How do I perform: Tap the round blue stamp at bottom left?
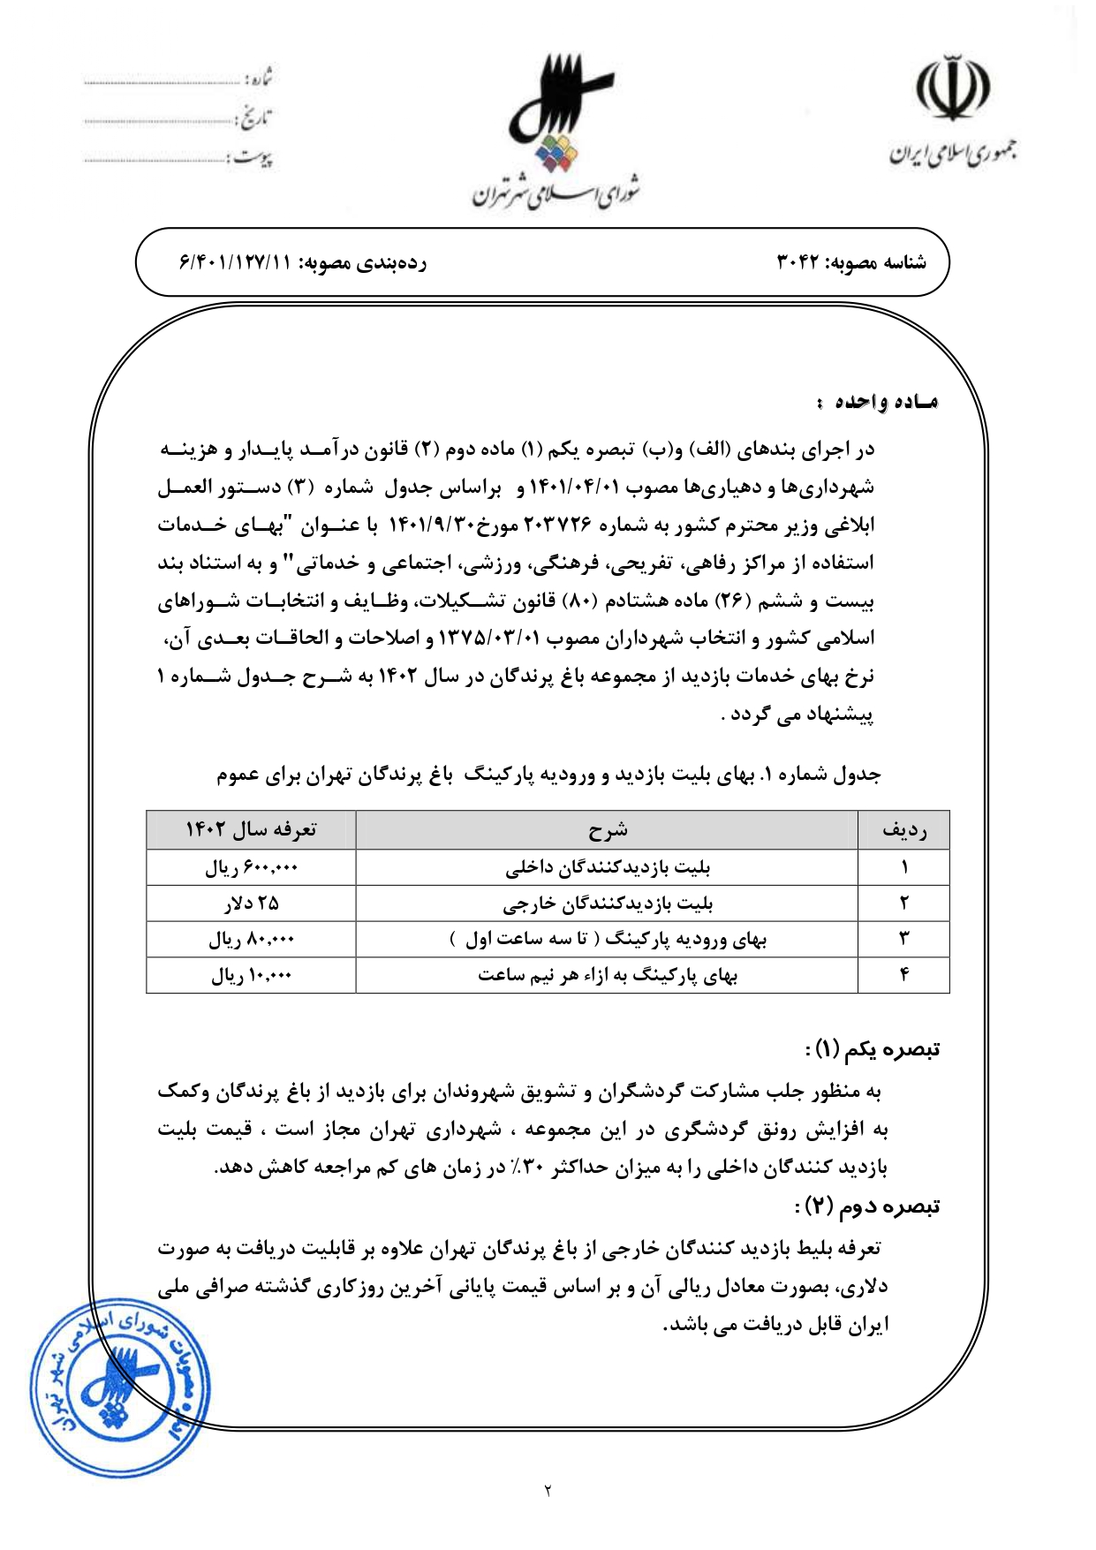point(118,1387)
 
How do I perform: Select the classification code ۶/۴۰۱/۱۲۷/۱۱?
point(235,262)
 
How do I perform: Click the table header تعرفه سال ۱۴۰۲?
point(251,829)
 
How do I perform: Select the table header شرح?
point(607,829)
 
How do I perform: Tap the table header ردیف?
point(903,829)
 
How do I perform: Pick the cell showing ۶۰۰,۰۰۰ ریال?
point(251,867)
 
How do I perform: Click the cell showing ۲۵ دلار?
point(251,904)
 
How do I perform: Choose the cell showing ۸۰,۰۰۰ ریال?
point(251,940)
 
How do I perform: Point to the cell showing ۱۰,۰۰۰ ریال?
point(251,976)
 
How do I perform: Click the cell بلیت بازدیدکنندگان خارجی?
point(607,904)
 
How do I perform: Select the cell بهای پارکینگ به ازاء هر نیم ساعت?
point(607,976)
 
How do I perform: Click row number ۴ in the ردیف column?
point(903,975)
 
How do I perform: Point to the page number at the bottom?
point(548,1492)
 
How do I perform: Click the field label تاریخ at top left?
point(255,117)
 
